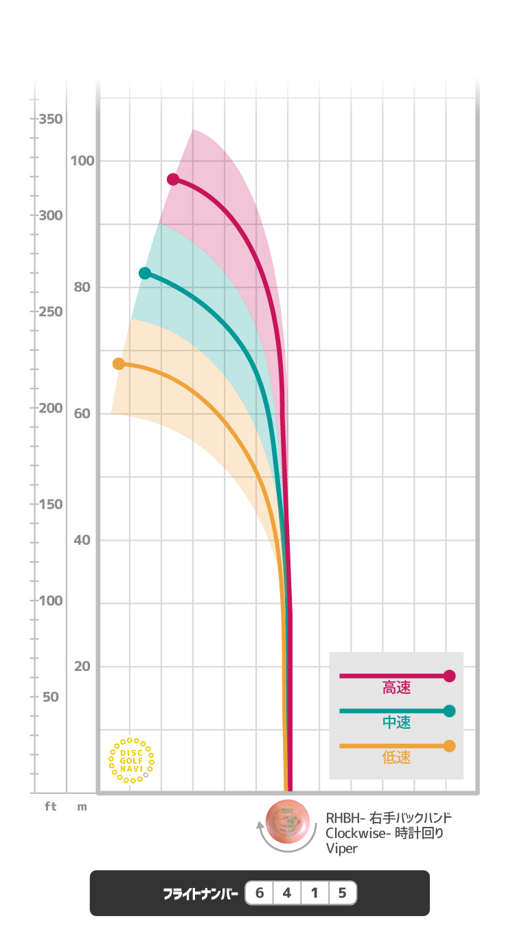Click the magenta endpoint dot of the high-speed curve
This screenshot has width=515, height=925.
coord(173,179)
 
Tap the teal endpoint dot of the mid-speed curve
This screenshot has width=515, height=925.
coord(145,273)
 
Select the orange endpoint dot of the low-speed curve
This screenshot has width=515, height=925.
coord(119,364)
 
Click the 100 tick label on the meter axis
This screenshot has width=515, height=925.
coord(82,161)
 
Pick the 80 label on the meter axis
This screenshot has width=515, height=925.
coord(82,288)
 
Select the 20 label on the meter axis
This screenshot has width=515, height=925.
coord(82,666)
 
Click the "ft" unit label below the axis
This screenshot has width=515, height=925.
coord(51,807)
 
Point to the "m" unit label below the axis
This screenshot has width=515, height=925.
coord(82,807)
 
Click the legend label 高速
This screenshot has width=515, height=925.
coord(396,688)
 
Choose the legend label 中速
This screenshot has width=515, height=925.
coord(396,723)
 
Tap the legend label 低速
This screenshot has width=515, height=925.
coord(396,758)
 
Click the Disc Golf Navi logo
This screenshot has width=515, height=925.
coord(131,760)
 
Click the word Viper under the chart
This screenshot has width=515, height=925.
coord(342,849)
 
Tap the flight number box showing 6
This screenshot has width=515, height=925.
coord(260,893)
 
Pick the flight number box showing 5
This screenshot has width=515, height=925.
coord(342,893)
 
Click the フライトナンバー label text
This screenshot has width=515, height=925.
coord(201,894)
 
